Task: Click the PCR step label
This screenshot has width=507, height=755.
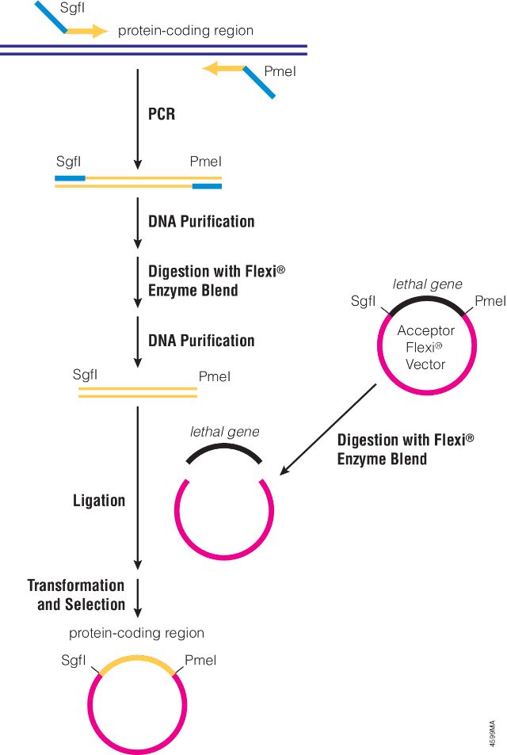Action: coord(162,114)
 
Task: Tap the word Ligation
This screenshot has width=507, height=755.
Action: coord(99,501)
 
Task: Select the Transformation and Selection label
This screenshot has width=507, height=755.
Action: coord(77,595)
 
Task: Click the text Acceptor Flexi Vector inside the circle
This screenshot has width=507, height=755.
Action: coord(426,348)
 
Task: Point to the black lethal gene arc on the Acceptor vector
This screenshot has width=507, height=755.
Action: coord(427,300)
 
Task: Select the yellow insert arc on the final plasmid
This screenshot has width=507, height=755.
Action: coord(138,660)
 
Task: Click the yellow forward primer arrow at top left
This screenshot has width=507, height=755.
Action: coord(86,32)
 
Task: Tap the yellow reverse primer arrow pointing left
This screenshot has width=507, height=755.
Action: coord(223,69)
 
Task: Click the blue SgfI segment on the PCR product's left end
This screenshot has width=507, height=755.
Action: coord(70,178)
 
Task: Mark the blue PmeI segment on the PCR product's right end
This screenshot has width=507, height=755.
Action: coord(207,187)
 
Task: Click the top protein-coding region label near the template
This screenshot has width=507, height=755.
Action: coord(185,31)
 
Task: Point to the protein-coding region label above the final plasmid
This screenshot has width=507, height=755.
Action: coord(136,633)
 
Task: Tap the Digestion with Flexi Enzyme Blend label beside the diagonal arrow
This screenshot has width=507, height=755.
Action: coord(405,449)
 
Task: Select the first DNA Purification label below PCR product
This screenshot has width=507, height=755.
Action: coord(201,221)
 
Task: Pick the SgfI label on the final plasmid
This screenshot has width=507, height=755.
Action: coord(73,661)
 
